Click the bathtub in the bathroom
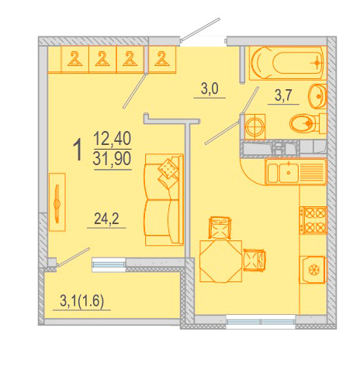point(288,63)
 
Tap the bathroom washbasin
point(318,96)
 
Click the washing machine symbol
point(254,126)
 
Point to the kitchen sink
point(296,171)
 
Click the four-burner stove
point(313,220)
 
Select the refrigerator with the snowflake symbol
point(313,270)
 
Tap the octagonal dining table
point(220,261)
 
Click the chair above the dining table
point(220,227)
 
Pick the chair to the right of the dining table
point(254,260)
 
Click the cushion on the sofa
point(168,168)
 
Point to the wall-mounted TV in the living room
point(57,202)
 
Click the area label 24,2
point(106,219)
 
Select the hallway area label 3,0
point(209,88)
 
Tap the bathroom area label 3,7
point(283,95)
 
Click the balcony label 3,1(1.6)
point(81,301)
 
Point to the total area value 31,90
point(112,158)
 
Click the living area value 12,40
point(112,139)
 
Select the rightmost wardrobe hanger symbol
point(161,59)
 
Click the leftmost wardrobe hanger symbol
point(75,59)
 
